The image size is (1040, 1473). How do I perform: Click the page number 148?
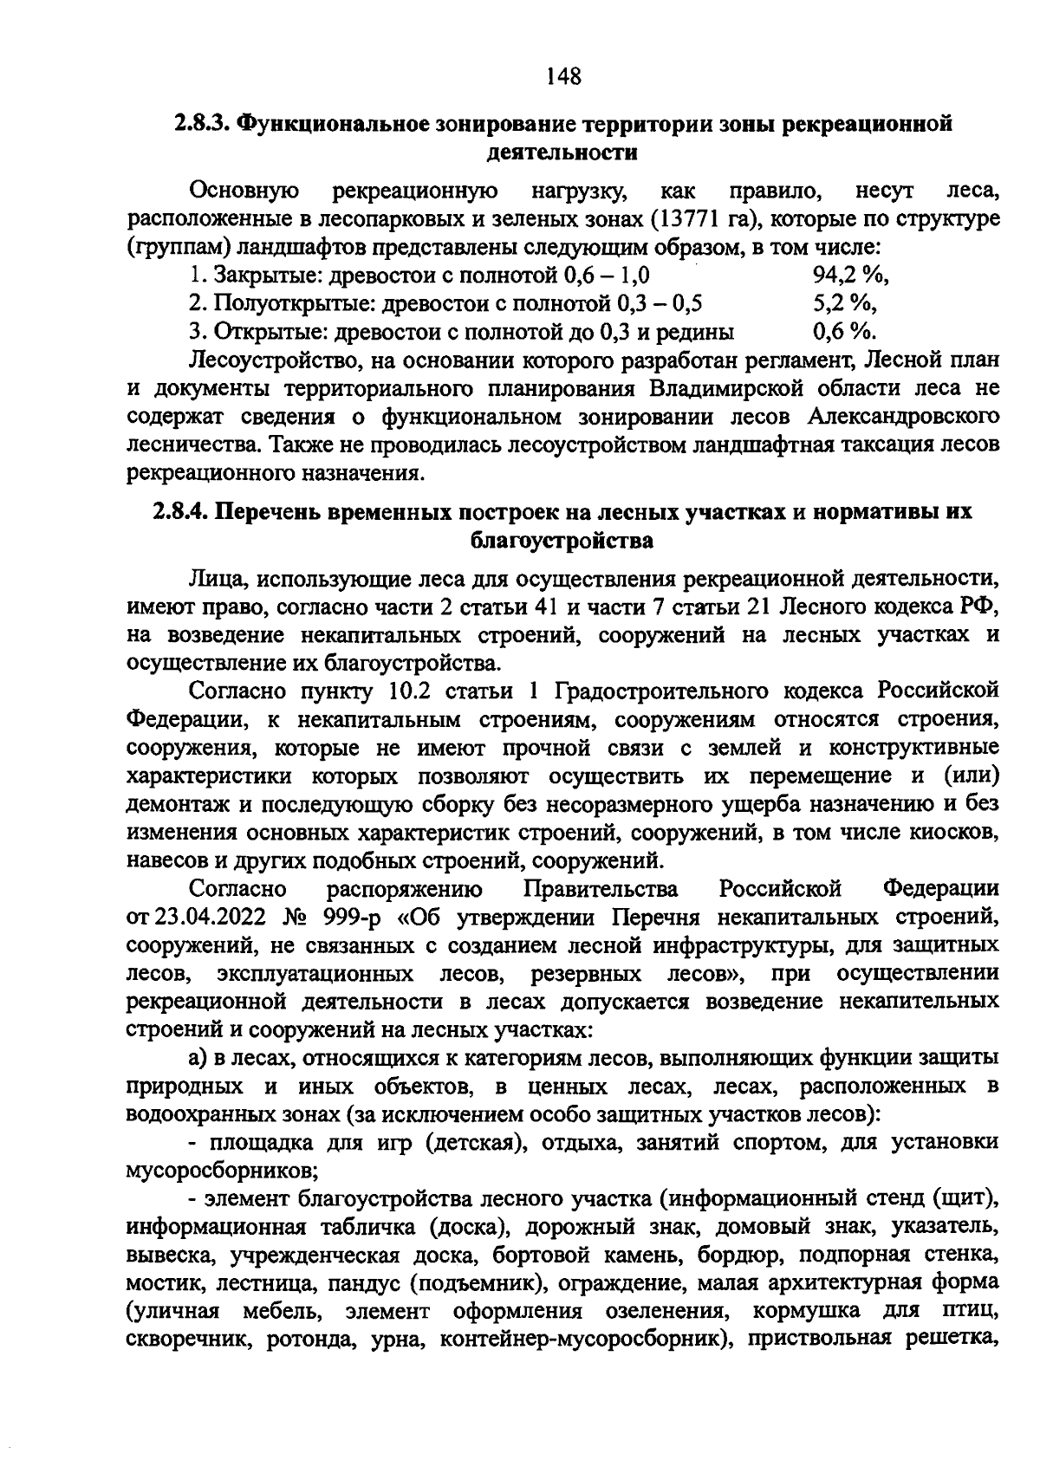coord(563,77)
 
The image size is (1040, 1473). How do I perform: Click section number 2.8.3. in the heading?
coord(201,123)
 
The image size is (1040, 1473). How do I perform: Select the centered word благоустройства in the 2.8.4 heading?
coord(561,541)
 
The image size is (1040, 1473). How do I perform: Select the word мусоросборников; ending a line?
coord(222,1171)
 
